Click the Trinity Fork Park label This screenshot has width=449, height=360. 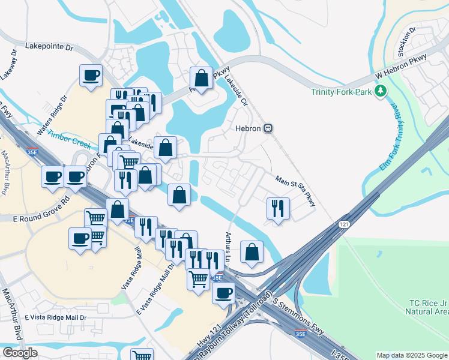pyautogui.click(x=341, y=92)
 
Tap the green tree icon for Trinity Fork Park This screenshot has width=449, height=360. pyautogui.click(x=379, y=91)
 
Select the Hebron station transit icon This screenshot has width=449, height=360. pyautogui.click(x=270, y=128)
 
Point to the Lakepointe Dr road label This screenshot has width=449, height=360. pyautogui.click(x=49, y=46)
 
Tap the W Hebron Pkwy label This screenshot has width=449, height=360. pyautogui.click(x=400, y=66)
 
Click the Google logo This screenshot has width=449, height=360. pyautogui.click(x=20, y=353)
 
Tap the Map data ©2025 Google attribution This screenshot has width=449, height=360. pyautogui.click(x=411, y=355)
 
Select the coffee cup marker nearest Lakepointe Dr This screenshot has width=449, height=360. pyautogui.click(x=91, y=76)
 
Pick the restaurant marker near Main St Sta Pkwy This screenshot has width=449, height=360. pyautogui.click(x=278, y=208)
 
